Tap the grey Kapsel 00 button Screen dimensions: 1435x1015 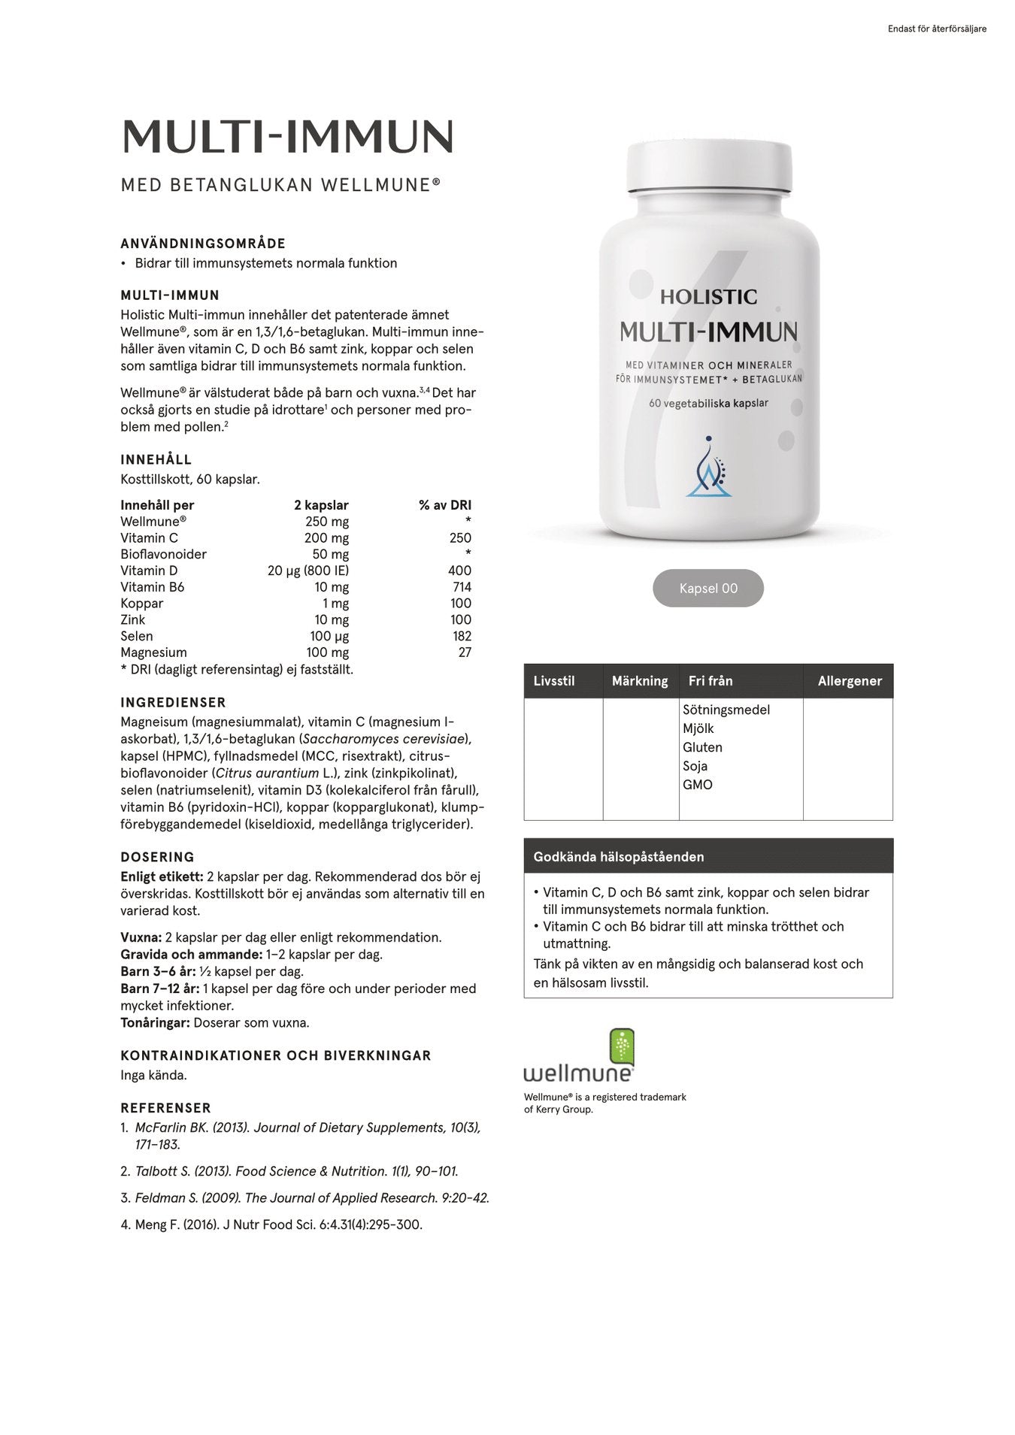707,588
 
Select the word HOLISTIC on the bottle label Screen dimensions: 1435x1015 708,297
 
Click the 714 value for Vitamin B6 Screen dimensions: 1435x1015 462,587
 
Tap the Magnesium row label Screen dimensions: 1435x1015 153,652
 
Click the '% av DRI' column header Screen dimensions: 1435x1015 445,505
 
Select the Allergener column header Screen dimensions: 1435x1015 850,681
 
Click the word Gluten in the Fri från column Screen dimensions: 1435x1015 702,747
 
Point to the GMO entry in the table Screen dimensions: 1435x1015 697,785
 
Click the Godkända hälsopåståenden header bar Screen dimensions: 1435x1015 707,856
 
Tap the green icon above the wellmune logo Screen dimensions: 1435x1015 621,1046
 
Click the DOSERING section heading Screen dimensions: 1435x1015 157,857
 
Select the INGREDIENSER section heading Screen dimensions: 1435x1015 173,703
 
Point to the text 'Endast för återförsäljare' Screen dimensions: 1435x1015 936,29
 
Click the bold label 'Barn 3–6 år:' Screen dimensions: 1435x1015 158,971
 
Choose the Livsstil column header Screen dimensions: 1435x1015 554,681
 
